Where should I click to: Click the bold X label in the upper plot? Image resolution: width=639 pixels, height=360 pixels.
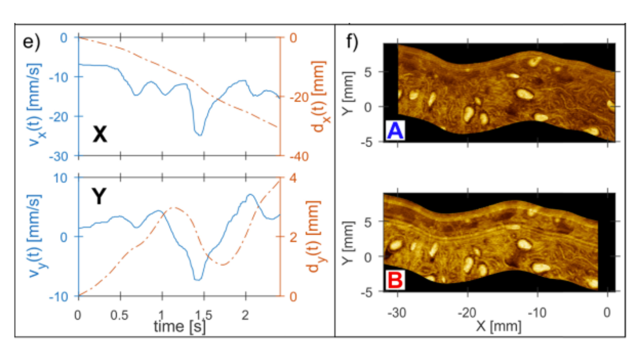click(99, 134)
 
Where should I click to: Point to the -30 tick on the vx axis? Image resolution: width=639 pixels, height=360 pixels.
click(65, 156)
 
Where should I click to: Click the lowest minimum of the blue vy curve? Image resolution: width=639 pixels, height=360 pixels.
click(198, 280)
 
